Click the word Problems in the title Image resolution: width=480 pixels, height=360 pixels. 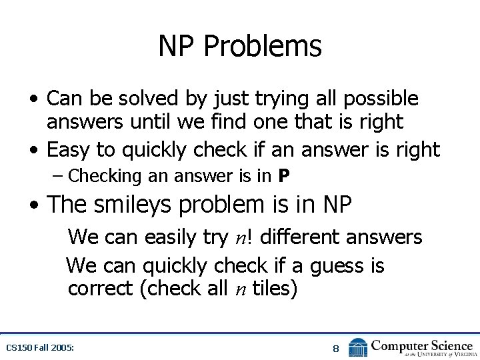pos(262,47)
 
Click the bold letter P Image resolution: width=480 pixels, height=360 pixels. pos(284,177)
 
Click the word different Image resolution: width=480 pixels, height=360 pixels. pos(299,237)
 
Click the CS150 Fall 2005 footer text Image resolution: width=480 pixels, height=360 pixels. pos(39,347)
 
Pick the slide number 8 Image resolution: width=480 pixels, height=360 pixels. pos(336,348)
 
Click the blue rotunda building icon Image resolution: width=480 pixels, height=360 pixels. pos(358,347)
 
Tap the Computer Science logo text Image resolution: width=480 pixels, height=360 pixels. pos(422,347)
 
